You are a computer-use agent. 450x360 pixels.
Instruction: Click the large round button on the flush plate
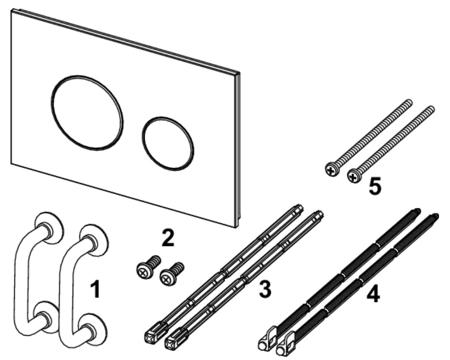tap(87, 113)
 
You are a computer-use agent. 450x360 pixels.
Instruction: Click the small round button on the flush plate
tap(168, 143)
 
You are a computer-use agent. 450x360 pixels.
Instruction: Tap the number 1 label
tap(95, 290)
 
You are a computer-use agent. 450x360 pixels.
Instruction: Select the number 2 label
tap(168, 238)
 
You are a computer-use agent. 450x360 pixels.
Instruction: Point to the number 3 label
tap(265, 289)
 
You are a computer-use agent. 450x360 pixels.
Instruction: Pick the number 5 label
tap(375, 186)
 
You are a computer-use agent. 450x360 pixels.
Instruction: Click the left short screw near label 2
tap(148, 267)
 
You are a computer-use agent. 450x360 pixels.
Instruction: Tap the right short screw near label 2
tap(171, 274)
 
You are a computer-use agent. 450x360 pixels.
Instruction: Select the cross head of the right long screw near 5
tap(354, 177)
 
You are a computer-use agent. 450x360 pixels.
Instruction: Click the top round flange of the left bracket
tap(49, 228)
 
